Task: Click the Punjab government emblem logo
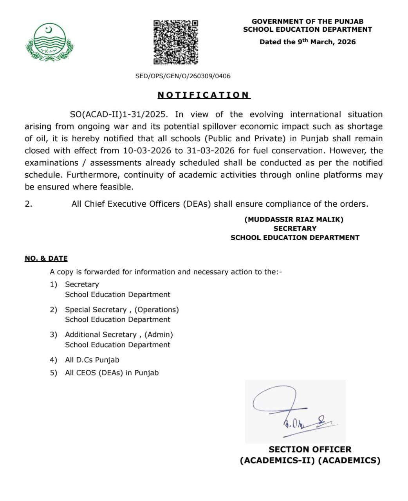49,42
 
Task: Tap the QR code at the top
175,42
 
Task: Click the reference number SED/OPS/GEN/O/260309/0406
183,76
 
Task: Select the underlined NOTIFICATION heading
204,95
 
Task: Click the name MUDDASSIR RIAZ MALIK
294,220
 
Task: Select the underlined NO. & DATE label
46,258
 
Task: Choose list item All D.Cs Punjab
92,360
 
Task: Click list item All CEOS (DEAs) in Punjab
112,373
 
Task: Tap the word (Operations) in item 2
157,310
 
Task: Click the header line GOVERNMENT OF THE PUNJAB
307,22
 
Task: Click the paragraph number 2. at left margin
29,204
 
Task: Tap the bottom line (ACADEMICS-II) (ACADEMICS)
310,460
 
